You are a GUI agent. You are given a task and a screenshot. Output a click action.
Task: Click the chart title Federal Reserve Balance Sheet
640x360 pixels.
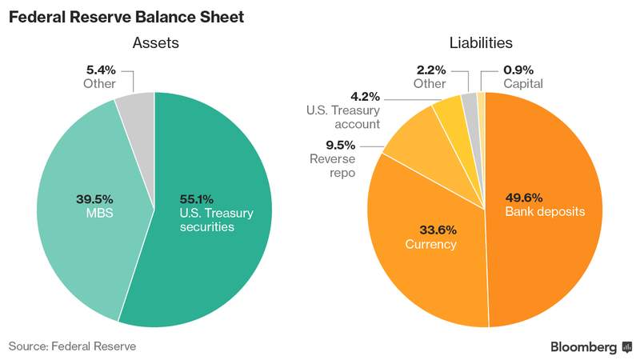pos(126,17)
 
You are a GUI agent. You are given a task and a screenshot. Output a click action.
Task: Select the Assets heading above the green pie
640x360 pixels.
pos(156,43)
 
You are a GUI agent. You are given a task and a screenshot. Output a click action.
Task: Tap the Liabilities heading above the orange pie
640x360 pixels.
pos(481,43)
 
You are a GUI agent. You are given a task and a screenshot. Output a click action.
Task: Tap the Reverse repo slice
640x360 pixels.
pos(421,147)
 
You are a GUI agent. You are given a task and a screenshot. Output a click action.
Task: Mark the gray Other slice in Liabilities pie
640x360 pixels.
pos(470,106)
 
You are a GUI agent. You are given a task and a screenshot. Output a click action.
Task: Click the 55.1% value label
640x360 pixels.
pos(196,199)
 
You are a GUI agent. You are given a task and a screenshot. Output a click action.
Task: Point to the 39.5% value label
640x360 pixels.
pos(94,199)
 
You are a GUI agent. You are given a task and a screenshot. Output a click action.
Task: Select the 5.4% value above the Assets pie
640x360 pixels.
pos(101,70)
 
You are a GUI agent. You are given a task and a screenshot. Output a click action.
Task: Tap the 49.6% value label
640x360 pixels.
pos(524,198)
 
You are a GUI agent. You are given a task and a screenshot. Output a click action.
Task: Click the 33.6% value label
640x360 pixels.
pos(438,230)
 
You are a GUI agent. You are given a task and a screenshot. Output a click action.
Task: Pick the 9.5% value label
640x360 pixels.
pos(341,146)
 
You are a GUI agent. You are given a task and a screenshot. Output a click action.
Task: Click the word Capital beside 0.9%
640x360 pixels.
pos(523,84)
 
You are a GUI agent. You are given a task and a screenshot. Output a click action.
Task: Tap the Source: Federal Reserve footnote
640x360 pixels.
pos(72,346)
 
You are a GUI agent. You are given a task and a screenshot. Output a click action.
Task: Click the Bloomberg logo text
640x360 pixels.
pos(584,347)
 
